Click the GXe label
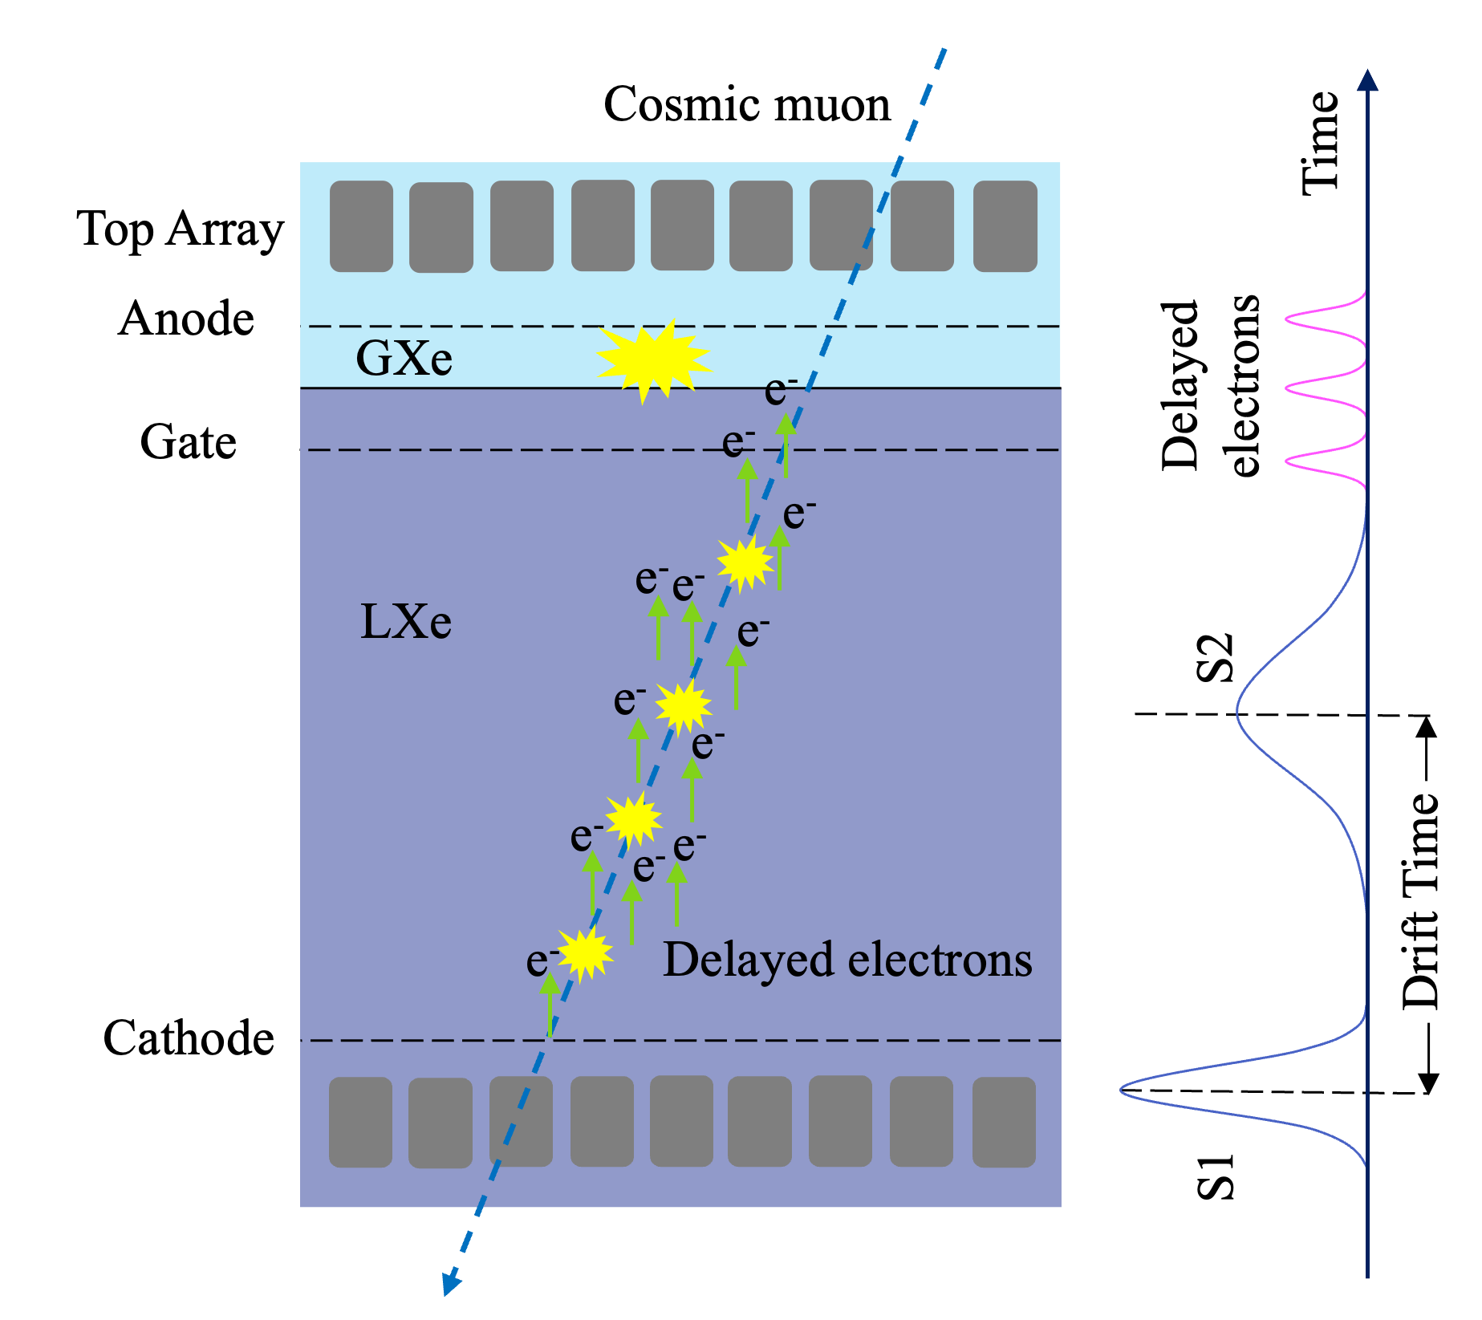[x=404, y=359]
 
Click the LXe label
[x=406, y=622]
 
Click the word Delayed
[x=749, y=961]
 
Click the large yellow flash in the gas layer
[x=653, y=359]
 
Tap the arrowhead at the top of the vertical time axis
[x=1367, y=80]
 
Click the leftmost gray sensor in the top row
[x=361, y=225]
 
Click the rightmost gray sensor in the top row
[x=1005, y=225]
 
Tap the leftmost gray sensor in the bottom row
[x=360, y=1122]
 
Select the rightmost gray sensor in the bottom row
[x=1004, y=1122]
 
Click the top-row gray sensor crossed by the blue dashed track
[x=841, y=225]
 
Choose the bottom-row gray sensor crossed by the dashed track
[x=521, y=1121]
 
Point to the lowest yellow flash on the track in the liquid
[x=585, y=953]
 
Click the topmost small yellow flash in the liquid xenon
[x=745, y=562]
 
